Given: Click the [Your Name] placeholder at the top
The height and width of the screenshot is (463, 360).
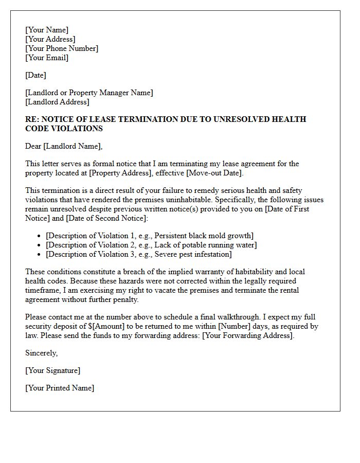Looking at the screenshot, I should point(47,30).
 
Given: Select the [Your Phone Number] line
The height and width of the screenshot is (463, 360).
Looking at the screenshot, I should point(62,48).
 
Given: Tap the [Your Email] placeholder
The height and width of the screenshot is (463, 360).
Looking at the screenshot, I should point(47,58).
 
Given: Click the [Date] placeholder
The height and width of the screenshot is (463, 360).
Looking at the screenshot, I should point(35,75).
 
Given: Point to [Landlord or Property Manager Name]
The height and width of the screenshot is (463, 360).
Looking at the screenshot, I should point(89,93).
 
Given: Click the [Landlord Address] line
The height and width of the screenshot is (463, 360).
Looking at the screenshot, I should point(57,102).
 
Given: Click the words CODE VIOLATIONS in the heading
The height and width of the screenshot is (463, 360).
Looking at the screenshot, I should point(64,129).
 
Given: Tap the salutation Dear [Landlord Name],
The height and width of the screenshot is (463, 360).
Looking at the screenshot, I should point(64,146).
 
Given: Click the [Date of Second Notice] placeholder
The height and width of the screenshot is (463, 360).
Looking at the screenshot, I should point(106,218).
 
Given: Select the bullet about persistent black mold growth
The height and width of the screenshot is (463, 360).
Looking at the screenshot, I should point(150,236).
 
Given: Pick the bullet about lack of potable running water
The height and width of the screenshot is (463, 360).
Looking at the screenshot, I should point(151,245).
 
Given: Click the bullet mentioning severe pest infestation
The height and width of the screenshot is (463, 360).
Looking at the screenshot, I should point(139,254).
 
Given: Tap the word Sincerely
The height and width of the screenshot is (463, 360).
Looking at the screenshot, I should point(41,353).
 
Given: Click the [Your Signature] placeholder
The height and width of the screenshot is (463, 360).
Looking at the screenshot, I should point(52,370).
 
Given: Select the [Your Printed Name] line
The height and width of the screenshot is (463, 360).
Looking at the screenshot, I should point(60,388).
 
